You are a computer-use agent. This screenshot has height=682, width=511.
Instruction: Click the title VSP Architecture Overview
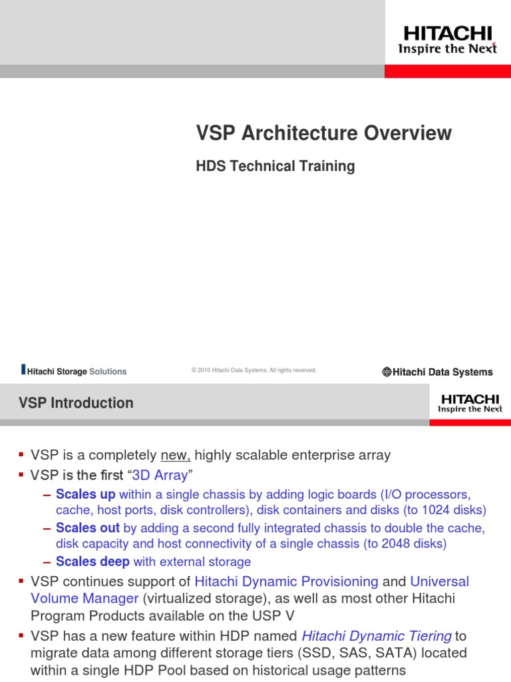(323, 133)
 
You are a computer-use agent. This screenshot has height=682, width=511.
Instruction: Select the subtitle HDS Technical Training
(275, 166)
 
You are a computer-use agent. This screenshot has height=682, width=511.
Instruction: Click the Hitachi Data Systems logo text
(437, 372)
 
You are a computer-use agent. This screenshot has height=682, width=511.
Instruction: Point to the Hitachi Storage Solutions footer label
(74, 371)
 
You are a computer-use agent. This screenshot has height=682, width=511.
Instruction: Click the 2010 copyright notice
(254, 370)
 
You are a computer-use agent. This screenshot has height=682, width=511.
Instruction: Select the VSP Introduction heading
(76, 403)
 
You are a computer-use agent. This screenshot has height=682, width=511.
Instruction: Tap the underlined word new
(176, 456)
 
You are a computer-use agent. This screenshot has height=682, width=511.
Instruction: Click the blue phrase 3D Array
(160, 476)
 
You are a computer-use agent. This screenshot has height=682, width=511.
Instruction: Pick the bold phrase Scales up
(86, 494)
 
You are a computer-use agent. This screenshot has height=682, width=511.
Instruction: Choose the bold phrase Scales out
(88, 527)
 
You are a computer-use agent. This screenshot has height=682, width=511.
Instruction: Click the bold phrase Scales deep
(92, 561)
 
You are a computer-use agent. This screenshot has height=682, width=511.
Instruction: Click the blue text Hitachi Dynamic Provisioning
(287, 581)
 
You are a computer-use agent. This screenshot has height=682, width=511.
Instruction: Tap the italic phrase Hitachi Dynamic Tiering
(377, 617)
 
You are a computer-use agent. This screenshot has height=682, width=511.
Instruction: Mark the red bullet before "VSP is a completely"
(21, 455)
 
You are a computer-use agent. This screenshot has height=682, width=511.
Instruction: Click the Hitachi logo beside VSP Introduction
(470, 403)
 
